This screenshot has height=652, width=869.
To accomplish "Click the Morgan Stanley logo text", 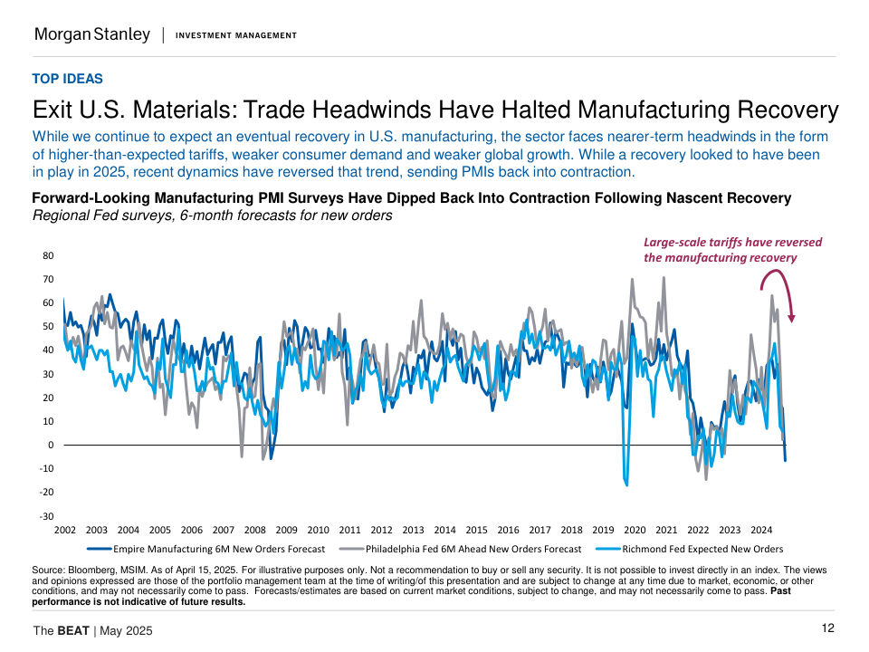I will [91, 34].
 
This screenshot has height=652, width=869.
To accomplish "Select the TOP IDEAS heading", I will [67, 79].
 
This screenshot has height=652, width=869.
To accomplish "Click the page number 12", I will [827, 628].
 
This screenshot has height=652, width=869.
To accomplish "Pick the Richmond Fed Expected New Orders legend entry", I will [689, 549].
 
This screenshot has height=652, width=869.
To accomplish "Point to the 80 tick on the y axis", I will [47, 255].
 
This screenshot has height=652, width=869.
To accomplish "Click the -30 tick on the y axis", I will [45, 515].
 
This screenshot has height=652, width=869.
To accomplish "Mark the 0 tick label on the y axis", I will [51, 445].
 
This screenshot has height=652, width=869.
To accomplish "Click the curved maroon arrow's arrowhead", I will [792, 317].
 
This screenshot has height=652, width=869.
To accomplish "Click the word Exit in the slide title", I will [54, 110].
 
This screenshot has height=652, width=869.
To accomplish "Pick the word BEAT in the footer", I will [73, 630].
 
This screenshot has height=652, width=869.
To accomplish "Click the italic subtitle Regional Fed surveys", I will [212, 216].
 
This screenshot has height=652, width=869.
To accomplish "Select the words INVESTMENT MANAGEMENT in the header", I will [235, 35].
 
